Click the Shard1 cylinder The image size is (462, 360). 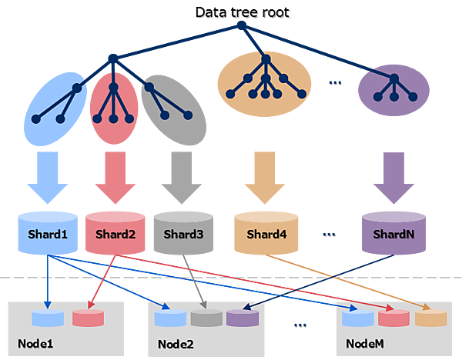coord(47,233)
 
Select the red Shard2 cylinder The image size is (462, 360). coord(115,233)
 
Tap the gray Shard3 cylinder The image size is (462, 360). coord(182,233)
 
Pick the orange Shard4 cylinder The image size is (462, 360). coord(266,233)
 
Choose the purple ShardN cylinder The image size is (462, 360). coord(393,233)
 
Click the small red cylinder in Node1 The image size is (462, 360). coord(86,318)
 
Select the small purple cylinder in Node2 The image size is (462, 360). coord(242,318)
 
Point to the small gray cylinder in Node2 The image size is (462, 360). coord(206,318)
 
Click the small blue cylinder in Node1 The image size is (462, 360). coord(48,318)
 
